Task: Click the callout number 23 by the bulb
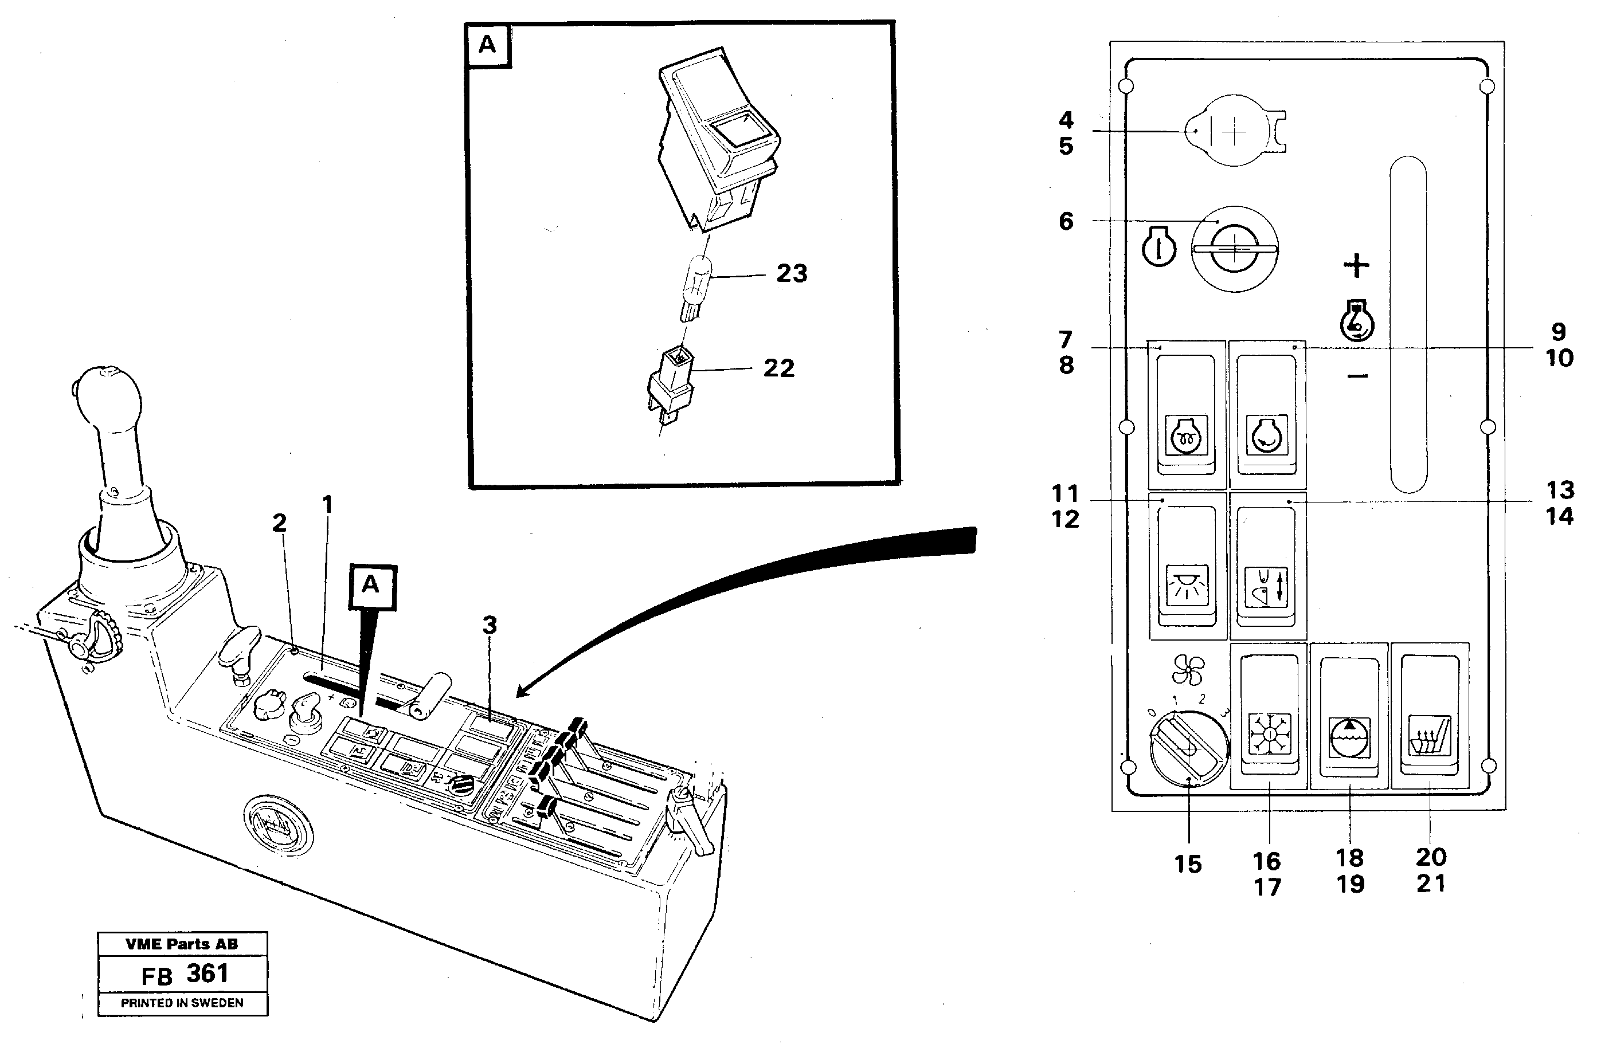(792, 274)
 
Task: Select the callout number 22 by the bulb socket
(778, 368)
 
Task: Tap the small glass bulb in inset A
(696, 288)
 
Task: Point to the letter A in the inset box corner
(488, 44)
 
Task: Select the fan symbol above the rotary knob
(1188, 670)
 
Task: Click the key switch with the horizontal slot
(1234, 249)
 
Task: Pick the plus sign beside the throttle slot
(1357, 266)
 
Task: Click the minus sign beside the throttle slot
(1357, 376)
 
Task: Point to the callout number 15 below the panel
(1188, 864)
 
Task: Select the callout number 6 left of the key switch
(1066, 221)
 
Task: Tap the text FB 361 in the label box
(185, 974)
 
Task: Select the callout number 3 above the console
(490, 625)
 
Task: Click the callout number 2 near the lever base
(279, 523)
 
